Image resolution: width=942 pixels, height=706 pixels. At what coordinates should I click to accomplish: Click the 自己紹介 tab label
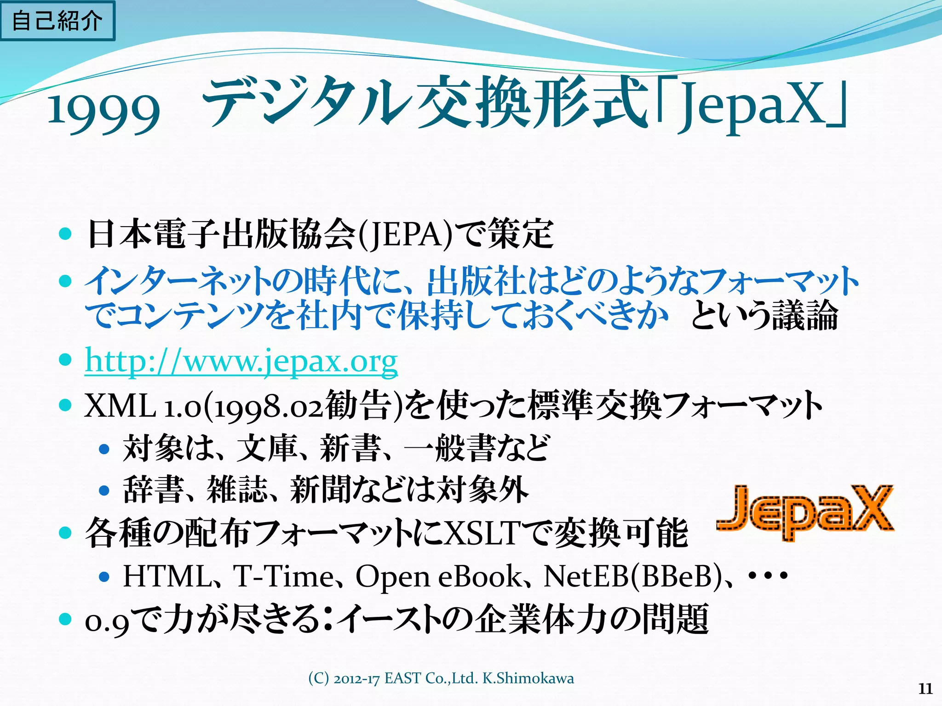tap(57, 21)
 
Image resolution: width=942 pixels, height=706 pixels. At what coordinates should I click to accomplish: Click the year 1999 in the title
tap(104, 110)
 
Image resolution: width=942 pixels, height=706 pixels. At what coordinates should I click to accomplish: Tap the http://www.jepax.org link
tap(241, 361)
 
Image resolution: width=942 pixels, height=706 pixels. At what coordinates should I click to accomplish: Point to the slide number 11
tap(925, 689)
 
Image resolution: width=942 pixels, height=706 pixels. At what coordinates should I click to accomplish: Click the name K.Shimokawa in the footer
tap(528, 678)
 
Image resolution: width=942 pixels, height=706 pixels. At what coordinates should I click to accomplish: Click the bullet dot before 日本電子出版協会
tap(66, 233)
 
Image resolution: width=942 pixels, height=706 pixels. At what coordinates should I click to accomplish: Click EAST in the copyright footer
tap(402, 678)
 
